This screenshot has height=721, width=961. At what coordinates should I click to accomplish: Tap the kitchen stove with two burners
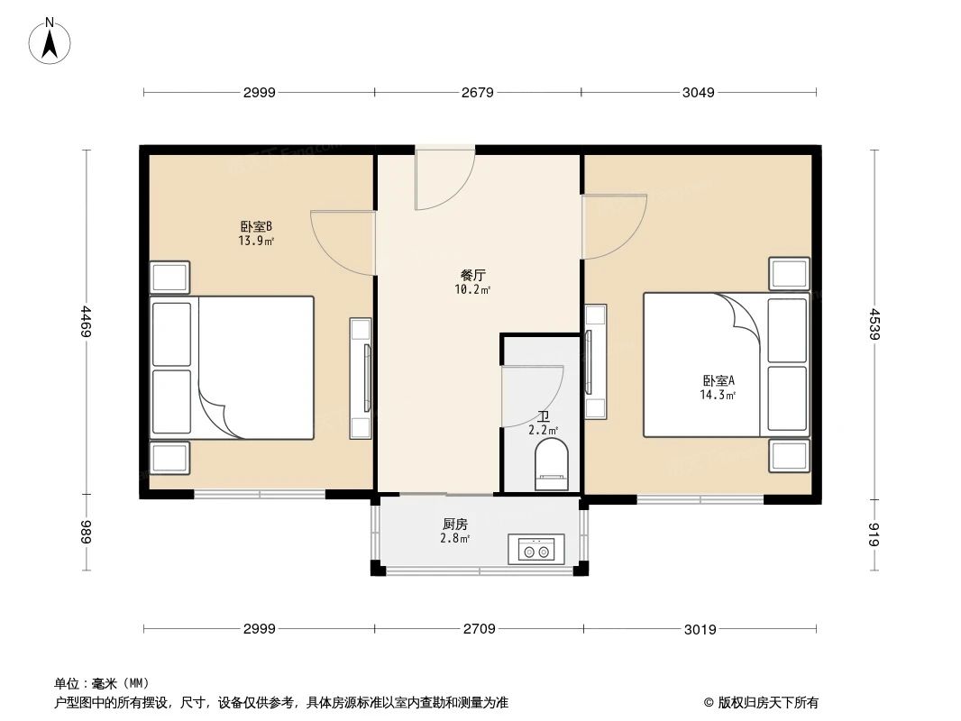tap(536, 548)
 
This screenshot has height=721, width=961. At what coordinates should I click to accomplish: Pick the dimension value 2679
tap(477, 92)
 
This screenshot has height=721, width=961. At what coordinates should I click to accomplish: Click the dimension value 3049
tap(699, 92)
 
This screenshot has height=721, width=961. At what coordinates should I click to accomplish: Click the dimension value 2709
tap(479, 629)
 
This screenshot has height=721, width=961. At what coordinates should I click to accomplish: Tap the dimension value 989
tap(87, 533)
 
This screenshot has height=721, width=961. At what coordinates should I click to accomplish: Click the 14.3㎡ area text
tap(718, 395)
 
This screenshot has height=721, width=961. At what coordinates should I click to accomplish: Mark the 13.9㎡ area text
tap(256, 241)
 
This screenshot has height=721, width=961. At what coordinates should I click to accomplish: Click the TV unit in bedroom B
tap(362, 379)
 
